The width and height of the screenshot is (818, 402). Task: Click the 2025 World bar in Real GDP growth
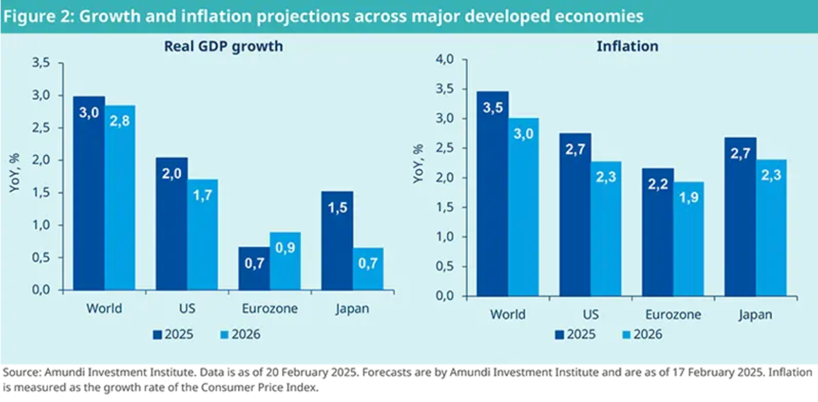pyautogui.click(x=90, y=193)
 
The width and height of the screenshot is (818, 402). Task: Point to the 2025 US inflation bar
pyautogui.click(x=575, y=214)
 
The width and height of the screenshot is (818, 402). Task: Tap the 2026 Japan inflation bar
pyautogui.click(x=771, y=228)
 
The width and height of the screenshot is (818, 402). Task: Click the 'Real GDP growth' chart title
pyautogui.click(x=214, y=46)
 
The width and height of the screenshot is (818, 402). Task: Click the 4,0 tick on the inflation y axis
pyautogui.click(x=445, y=60)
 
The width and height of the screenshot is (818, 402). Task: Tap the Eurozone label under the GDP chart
pyautogui.click(x=269, y=308)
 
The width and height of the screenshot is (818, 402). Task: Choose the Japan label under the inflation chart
pyautogui.click(x=755, y=314)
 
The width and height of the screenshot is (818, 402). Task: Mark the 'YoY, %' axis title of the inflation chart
pyautogui.click(x=418, y=164)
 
